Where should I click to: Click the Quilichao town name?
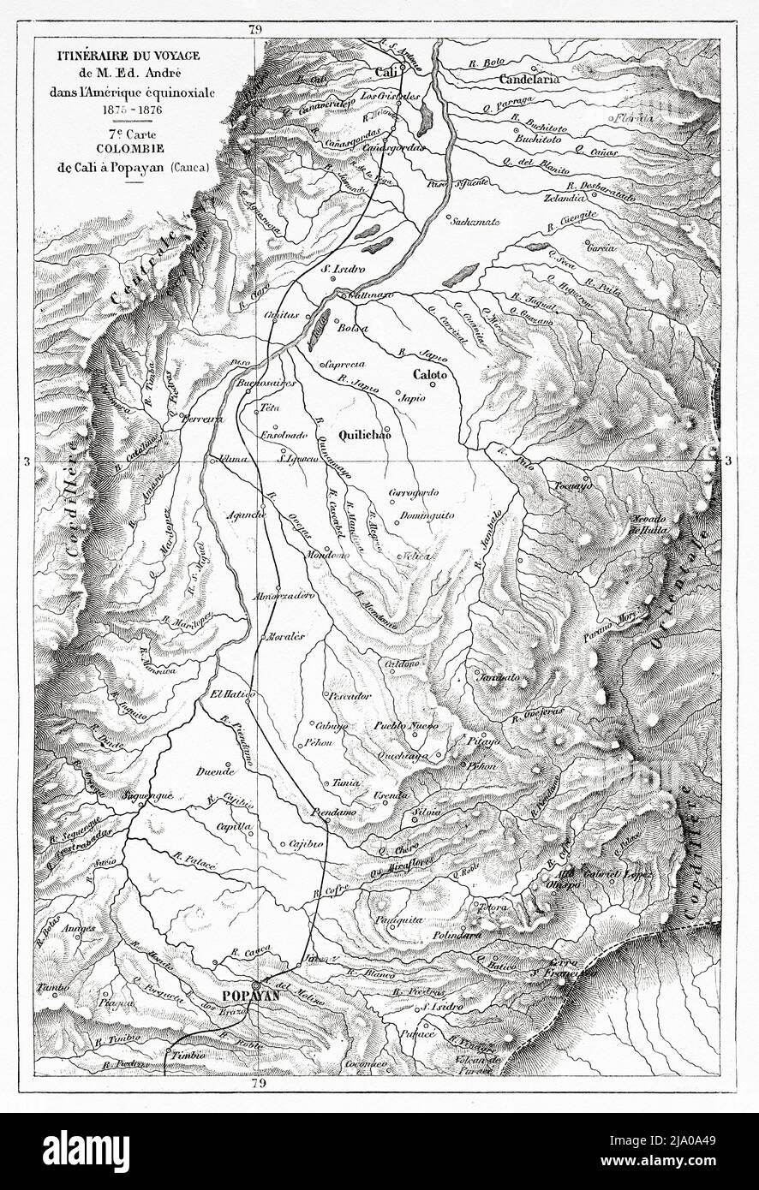(361, 434)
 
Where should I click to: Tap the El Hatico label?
(230, 694)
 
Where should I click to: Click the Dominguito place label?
(419, 516)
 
